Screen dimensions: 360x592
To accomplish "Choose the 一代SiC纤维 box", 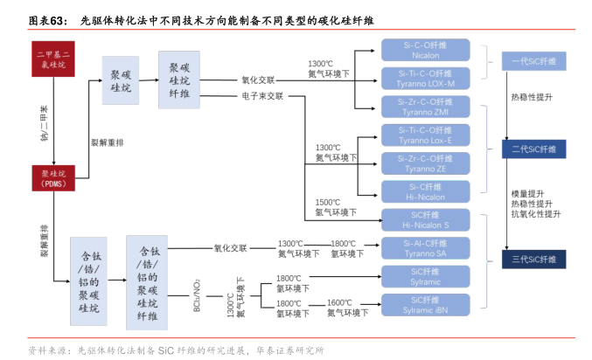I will point(533,59).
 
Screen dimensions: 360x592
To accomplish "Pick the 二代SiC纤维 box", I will point(533,149).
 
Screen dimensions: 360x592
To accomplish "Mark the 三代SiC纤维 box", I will point(533,259).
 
